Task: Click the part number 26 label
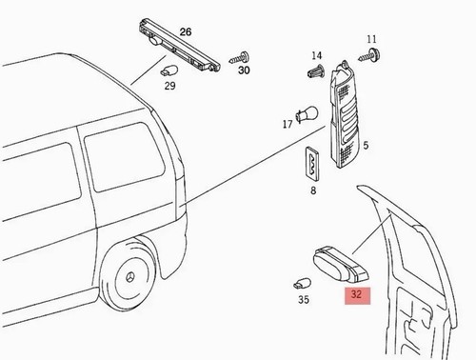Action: pos(186,32)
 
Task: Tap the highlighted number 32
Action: pos(357,294)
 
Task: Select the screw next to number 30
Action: pos(239,58)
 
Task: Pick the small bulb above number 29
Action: pos(169,70)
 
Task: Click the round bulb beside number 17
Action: pos(307,114)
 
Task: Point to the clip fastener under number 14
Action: pos(316,71)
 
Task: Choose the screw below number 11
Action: pos(369,55)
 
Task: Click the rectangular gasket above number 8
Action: pos(312,163)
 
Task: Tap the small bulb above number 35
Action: pos(302,283)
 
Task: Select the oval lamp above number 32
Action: pos(341,265)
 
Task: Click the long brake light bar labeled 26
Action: pos(180,46)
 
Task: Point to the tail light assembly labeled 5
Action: pos(345,115)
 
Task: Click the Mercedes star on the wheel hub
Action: pos(130,277)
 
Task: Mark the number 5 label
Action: pos(366,146)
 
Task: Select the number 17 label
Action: pos(288,124)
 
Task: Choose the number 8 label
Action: pos(313,190)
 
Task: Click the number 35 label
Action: pos(304,299)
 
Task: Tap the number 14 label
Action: pos(316,56)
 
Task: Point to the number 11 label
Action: pos(371,39)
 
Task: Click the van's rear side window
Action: pos(124,157)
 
